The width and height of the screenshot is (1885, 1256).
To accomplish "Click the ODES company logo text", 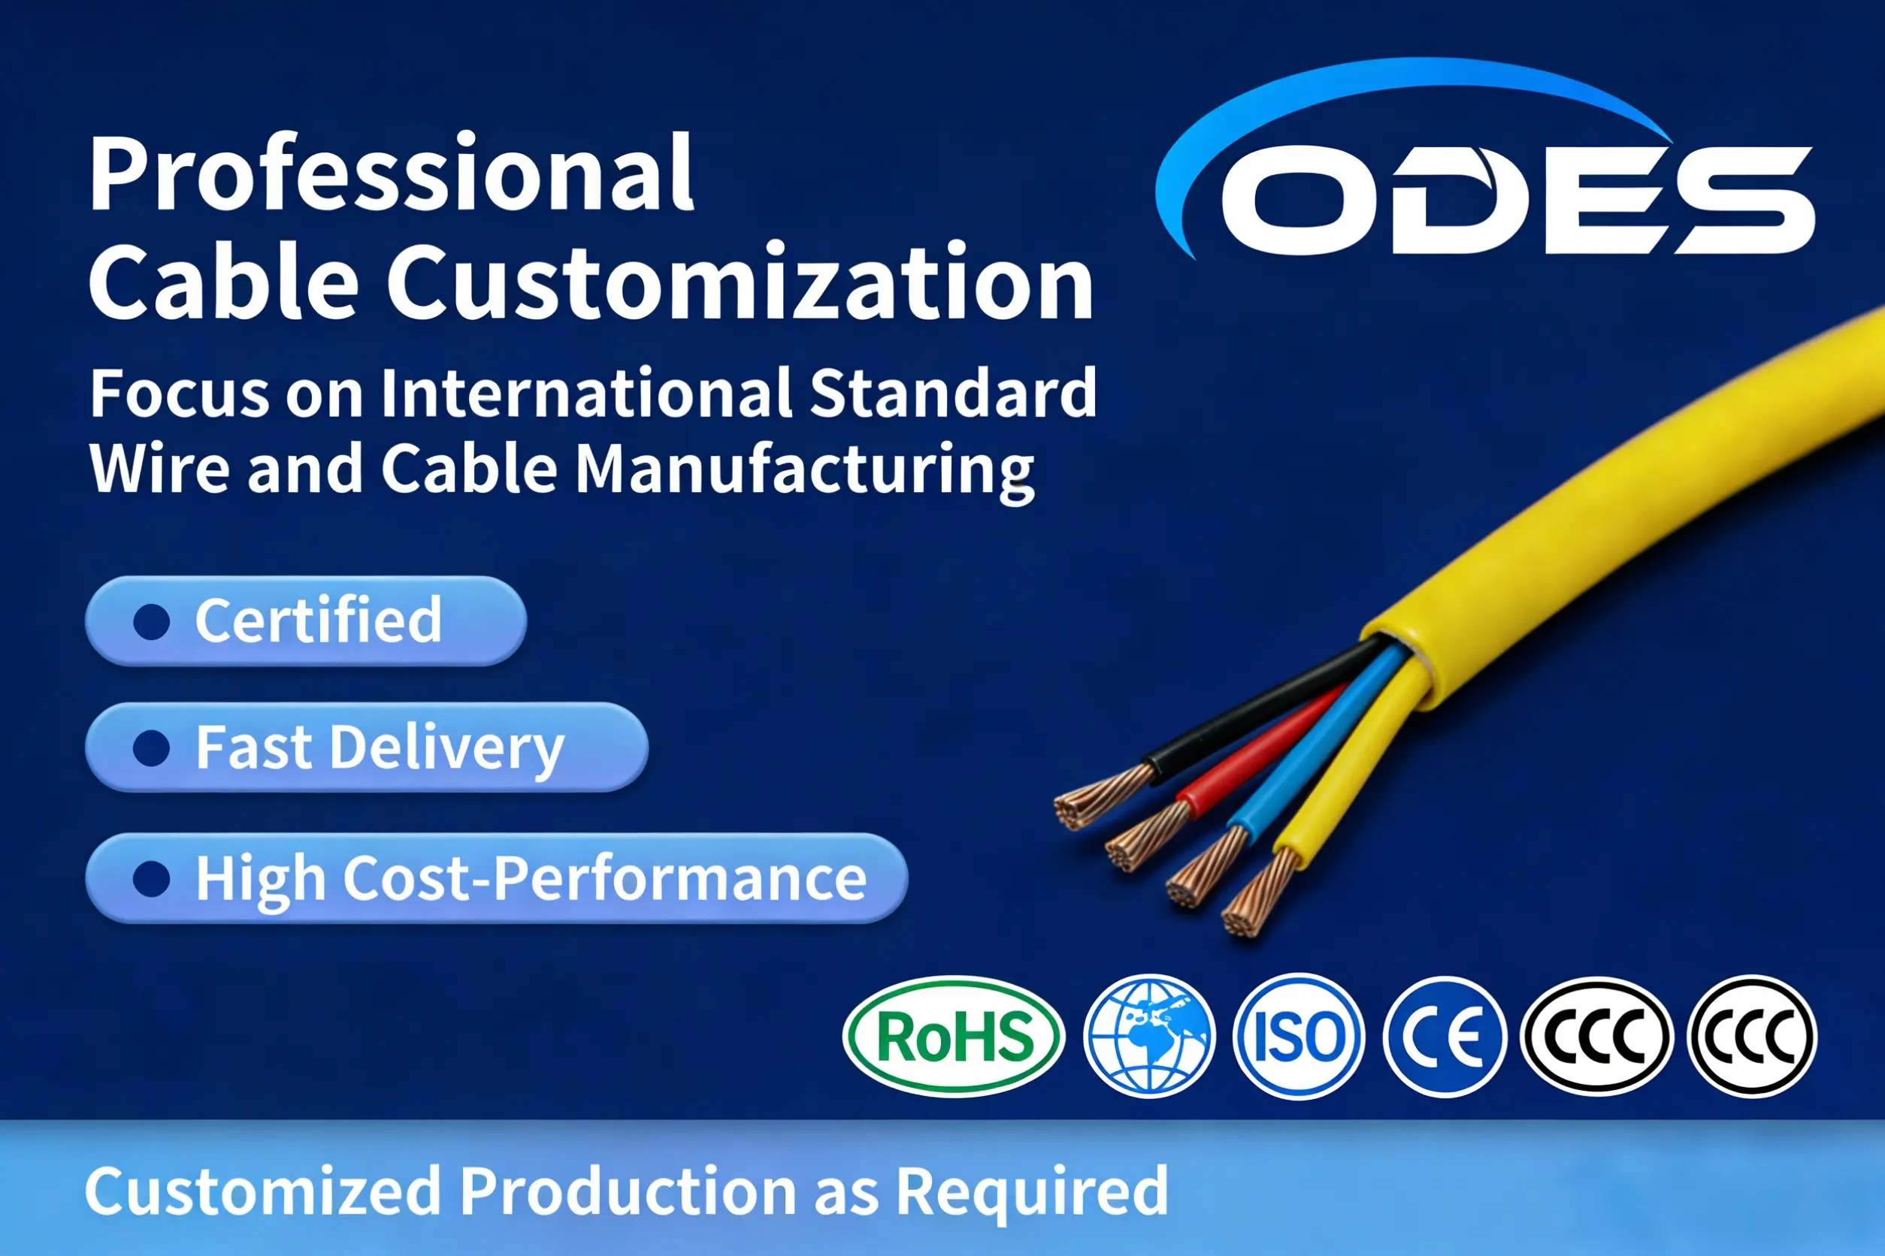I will [x=1514, y=201].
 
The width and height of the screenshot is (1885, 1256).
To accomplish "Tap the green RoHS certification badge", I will [x=954, y=1037].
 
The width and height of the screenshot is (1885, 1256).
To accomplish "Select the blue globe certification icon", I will [x=1148, y=1036].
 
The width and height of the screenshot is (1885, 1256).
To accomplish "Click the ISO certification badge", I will [x=1297, y=1037].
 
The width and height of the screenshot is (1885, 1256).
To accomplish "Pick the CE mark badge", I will [x=1445, y=1037].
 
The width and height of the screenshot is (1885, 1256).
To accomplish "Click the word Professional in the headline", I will [x=391, y=174].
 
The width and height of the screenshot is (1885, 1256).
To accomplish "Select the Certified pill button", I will [x=306, y=620].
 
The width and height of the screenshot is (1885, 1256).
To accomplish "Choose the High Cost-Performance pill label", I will [x=531, y=879].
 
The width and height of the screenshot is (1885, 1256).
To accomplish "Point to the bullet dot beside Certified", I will [x=152, y=621].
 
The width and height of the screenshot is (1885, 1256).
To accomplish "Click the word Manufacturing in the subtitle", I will [x=805, y=469].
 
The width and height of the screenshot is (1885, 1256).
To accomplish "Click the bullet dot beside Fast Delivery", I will [x=152, y=748].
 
